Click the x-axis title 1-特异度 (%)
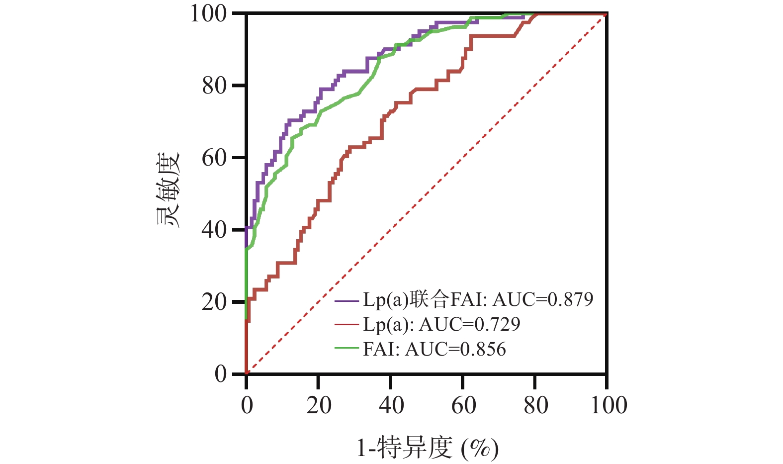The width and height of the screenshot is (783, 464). (x=427, y=448)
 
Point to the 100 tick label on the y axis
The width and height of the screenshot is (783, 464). (x=209, y=13)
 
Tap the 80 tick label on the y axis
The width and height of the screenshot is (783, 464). (x=214, y=86)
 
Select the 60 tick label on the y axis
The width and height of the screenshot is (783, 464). (x=214, y=158)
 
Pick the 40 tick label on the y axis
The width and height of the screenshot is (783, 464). (x=214, y=230)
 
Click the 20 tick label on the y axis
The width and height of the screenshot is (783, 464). (x=214, y=302)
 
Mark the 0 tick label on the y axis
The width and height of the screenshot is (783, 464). (x=220, y=374)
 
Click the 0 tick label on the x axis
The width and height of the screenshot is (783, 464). (x=247, y=405)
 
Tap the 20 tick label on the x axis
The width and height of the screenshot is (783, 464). (x=319, y=405)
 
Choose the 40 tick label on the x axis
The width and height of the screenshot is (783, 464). (x=391, y=405)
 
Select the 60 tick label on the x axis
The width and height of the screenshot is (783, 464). (x=463, y=405)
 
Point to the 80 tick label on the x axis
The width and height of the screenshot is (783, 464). (x=535, y=405)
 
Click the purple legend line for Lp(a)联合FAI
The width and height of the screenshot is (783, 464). (x=347, y=300)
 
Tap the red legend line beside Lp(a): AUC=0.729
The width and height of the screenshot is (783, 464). (x=347, y=325)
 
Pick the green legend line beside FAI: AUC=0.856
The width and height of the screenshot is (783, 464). (x=347, y=349)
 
